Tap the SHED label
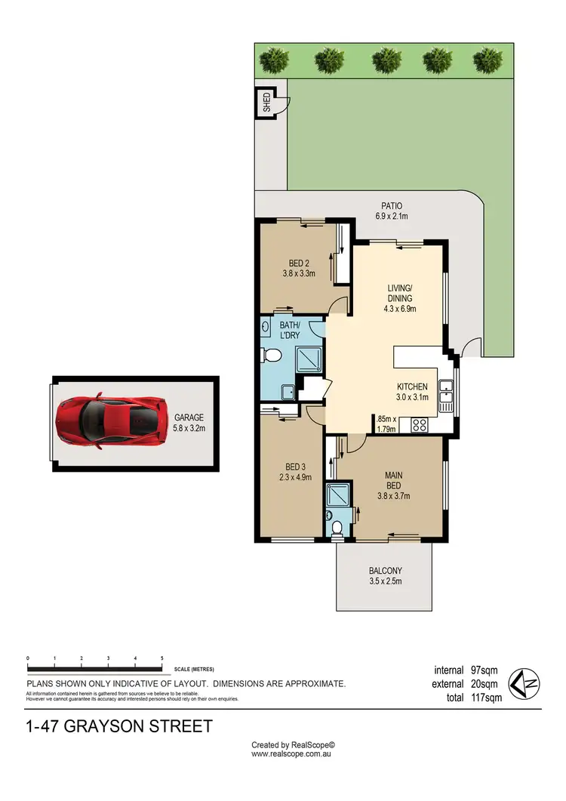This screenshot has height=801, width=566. [266, 103]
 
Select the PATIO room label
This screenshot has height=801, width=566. [390, 211]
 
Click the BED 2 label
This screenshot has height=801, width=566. [298, 268]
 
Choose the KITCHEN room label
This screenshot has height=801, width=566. [413, 391]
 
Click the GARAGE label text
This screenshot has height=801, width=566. [189, 421]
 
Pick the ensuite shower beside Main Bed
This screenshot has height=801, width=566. [335, 495]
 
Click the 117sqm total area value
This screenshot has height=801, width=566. [484, 698]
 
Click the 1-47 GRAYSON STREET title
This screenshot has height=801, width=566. [119, 727]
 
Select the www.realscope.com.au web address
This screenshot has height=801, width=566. [292, 753]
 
